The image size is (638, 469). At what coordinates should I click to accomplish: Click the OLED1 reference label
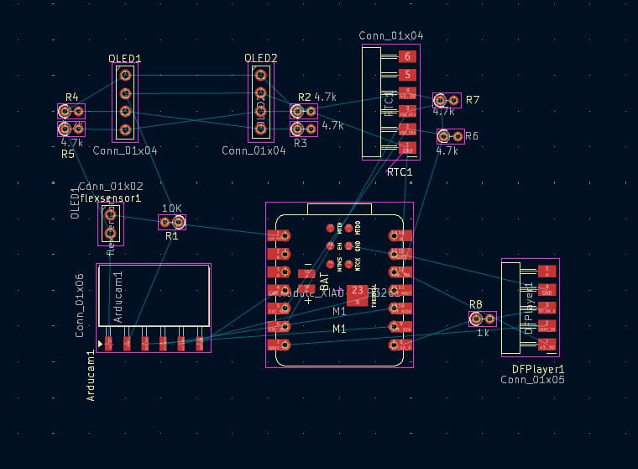click(x=124, y=59)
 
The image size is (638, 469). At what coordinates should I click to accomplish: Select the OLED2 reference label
click(x=260, y=58)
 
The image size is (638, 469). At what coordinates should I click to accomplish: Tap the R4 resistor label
click(x=71, y=97)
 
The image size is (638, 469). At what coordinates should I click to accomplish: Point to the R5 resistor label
click(x=68, y=155)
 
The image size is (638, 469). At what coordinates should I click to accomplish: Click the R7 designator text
click(x=473, y=100)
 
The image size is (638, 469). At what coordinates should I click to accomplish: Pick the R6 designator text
click(x=472, y=136)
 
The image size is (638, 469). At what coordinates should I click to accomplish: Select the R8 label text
click(x=476, y=304)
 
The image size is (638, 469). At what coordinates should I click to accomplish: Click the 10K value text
click(x=171, y=208)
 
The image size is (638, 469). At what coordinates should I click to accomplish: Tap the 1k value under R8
click(x=483, y=333)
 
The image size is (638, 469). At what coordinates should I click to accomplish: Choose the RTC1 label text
click(x=400, y=172)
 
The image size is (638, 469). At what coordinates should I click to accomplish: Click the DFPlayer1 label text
click(x=538, y=369)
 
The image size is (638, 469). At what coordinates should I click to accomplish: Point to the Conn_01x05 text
click(x=533, y=380)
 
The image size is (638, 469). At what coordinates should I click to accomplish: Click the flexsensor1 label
click(x=110, y=198)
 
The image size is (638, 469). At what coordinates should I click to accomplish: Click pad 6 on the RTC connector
click(x=407, y=57)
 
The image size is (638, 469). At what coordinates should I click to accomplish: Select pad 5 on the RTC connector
click(x=407, y=75)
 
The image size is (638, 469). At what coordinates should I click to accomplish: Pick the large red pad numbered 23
click(x=357, y=292)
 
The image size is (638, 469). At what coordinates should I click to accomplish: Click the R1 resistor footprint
click(x=171, y=222)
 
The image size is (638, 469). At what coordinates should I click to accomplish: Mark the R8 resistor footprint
click(x=483, y=319)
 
